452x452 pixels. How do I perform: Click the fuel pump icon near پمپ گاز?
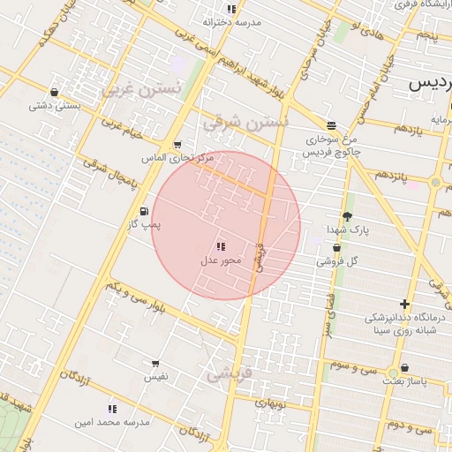144,211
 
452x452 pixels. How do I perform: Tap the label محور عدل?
215,261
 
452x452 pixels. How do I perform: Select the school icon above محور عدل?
220,246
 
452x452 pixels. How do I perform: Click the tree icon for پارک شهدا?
347,215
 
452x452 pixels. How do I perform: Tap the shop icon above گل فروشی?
336,248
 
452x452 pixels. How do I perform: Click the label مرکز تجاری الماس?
177,158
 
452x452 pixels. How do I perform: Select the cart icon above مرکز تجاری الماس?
177,145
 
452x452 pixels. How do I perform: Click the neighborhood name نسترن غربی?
141,90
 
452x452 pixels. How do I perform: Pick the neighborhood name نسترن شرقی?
245,122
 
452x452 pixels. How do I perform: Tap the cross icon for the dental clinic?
405,304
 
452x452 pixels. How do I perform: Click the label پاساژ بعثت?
405,382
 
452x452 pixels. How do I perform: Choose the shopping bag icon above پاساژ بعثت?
404,368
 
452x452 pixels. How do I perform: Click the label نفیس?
156,377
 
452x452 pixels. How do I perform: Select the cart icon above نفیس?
156,363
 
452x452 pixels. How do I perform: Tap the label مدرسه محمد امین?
112,422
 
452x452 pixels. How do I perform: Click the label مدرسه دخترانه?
232,22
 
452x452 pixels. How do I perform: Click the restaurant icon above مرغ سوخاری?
331,125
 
